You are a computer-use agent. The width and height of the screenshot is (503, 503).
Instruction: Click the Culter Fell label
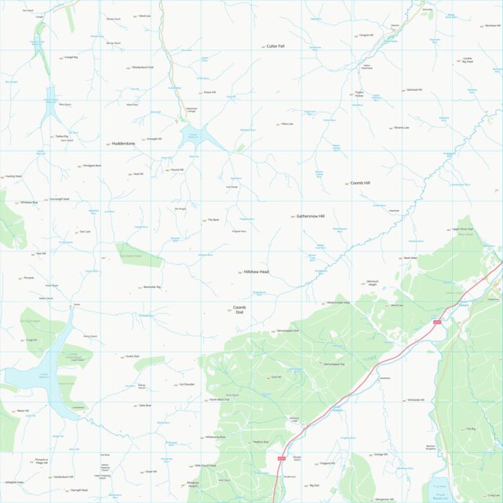pyautogui.click(x=275, y=46)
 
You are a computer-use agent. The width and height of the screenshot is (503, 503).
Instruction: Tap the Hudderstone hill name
pyautogui.click(x=123, y=144)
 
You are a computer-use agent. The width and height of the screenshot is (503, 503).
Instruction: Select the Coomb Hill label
pyautogui.click(x=360, y=183)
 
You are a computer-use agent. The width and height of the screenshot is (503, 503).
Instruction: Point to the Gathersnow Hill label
pyautogui.click(x=310, y=216)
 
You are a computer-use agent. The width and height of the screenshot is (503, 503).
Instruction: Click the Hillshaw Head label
pyautogui.click(x=257, y=272)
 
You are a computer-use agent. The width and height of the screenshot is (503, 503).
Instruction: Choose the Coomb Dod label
pyautogui.click(x=239, y=309)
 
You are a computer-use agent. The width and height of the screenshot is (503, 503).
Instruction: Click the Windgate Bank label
pyautogui.click(x=92, y=166)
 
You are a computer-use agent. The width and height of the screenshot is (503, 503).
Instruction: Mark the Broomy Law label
pyautogui.click(x=402, y=128)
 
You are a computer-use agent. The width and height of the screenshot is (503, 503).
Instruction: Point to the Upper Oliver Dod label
pyautogui.click(x=463, y=229)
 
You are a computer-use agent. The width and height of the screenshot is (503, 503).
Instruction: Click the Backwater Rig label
pyautogui.click(x=151, y=287)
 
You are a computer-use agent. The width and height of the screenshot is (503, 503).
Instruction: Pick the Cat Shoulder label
pyautogui.click(x=187, y=385)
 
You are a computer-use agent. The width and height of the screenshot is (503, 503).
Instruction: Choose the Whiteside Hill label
pyautogui.click(x=415, y=399)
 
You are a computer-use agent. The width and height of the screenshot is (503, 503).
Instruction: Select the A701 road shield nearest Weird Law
pyautogui.click(x=436, y=320)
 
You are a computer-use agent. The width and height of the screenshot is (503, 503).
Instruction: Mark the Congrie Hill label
pyautogui.click(x=366, y=35)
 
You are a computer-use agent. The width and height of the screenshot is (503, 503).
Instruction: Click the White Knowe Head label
pyautogui.click(x=338, y=302)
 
